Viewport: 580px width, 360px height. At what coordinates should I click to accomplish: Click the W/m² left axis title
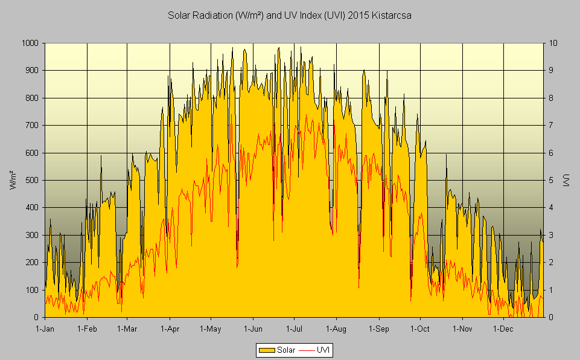pos(13,180)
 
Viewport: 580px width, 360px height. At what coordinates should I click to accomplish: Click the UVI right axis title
pos(566,180)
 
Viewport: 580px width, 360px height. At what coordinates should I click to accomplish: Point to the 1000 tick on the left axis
pos(30,43)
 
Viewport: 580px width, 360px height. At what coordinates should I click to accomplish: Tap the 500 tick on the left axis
pos(32,180)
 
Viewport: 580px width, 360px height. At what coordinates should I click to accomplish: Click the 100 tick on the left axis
pos(32,290)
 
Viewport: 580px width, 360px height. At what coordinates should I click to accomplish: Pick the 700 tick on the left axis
pos(32,125)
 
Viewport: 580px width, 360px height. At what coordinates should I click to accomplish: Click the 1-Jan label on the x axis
pos(45,329)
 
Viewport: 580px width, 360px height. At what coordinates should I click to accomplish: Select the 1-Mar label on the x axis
pos(127,329)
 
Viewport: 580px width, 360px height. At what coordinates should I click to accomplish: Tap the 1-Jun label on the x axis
pos(252,329)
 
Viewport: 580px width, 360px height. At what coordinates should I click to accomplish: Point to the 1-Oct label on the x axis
pos(419,329)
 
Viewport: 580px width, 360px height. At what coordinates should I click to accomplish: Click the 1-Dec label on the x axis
pos(503,329)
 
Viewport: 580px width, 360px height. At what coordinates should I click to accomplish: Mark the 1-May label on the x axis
pos(211,329)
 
